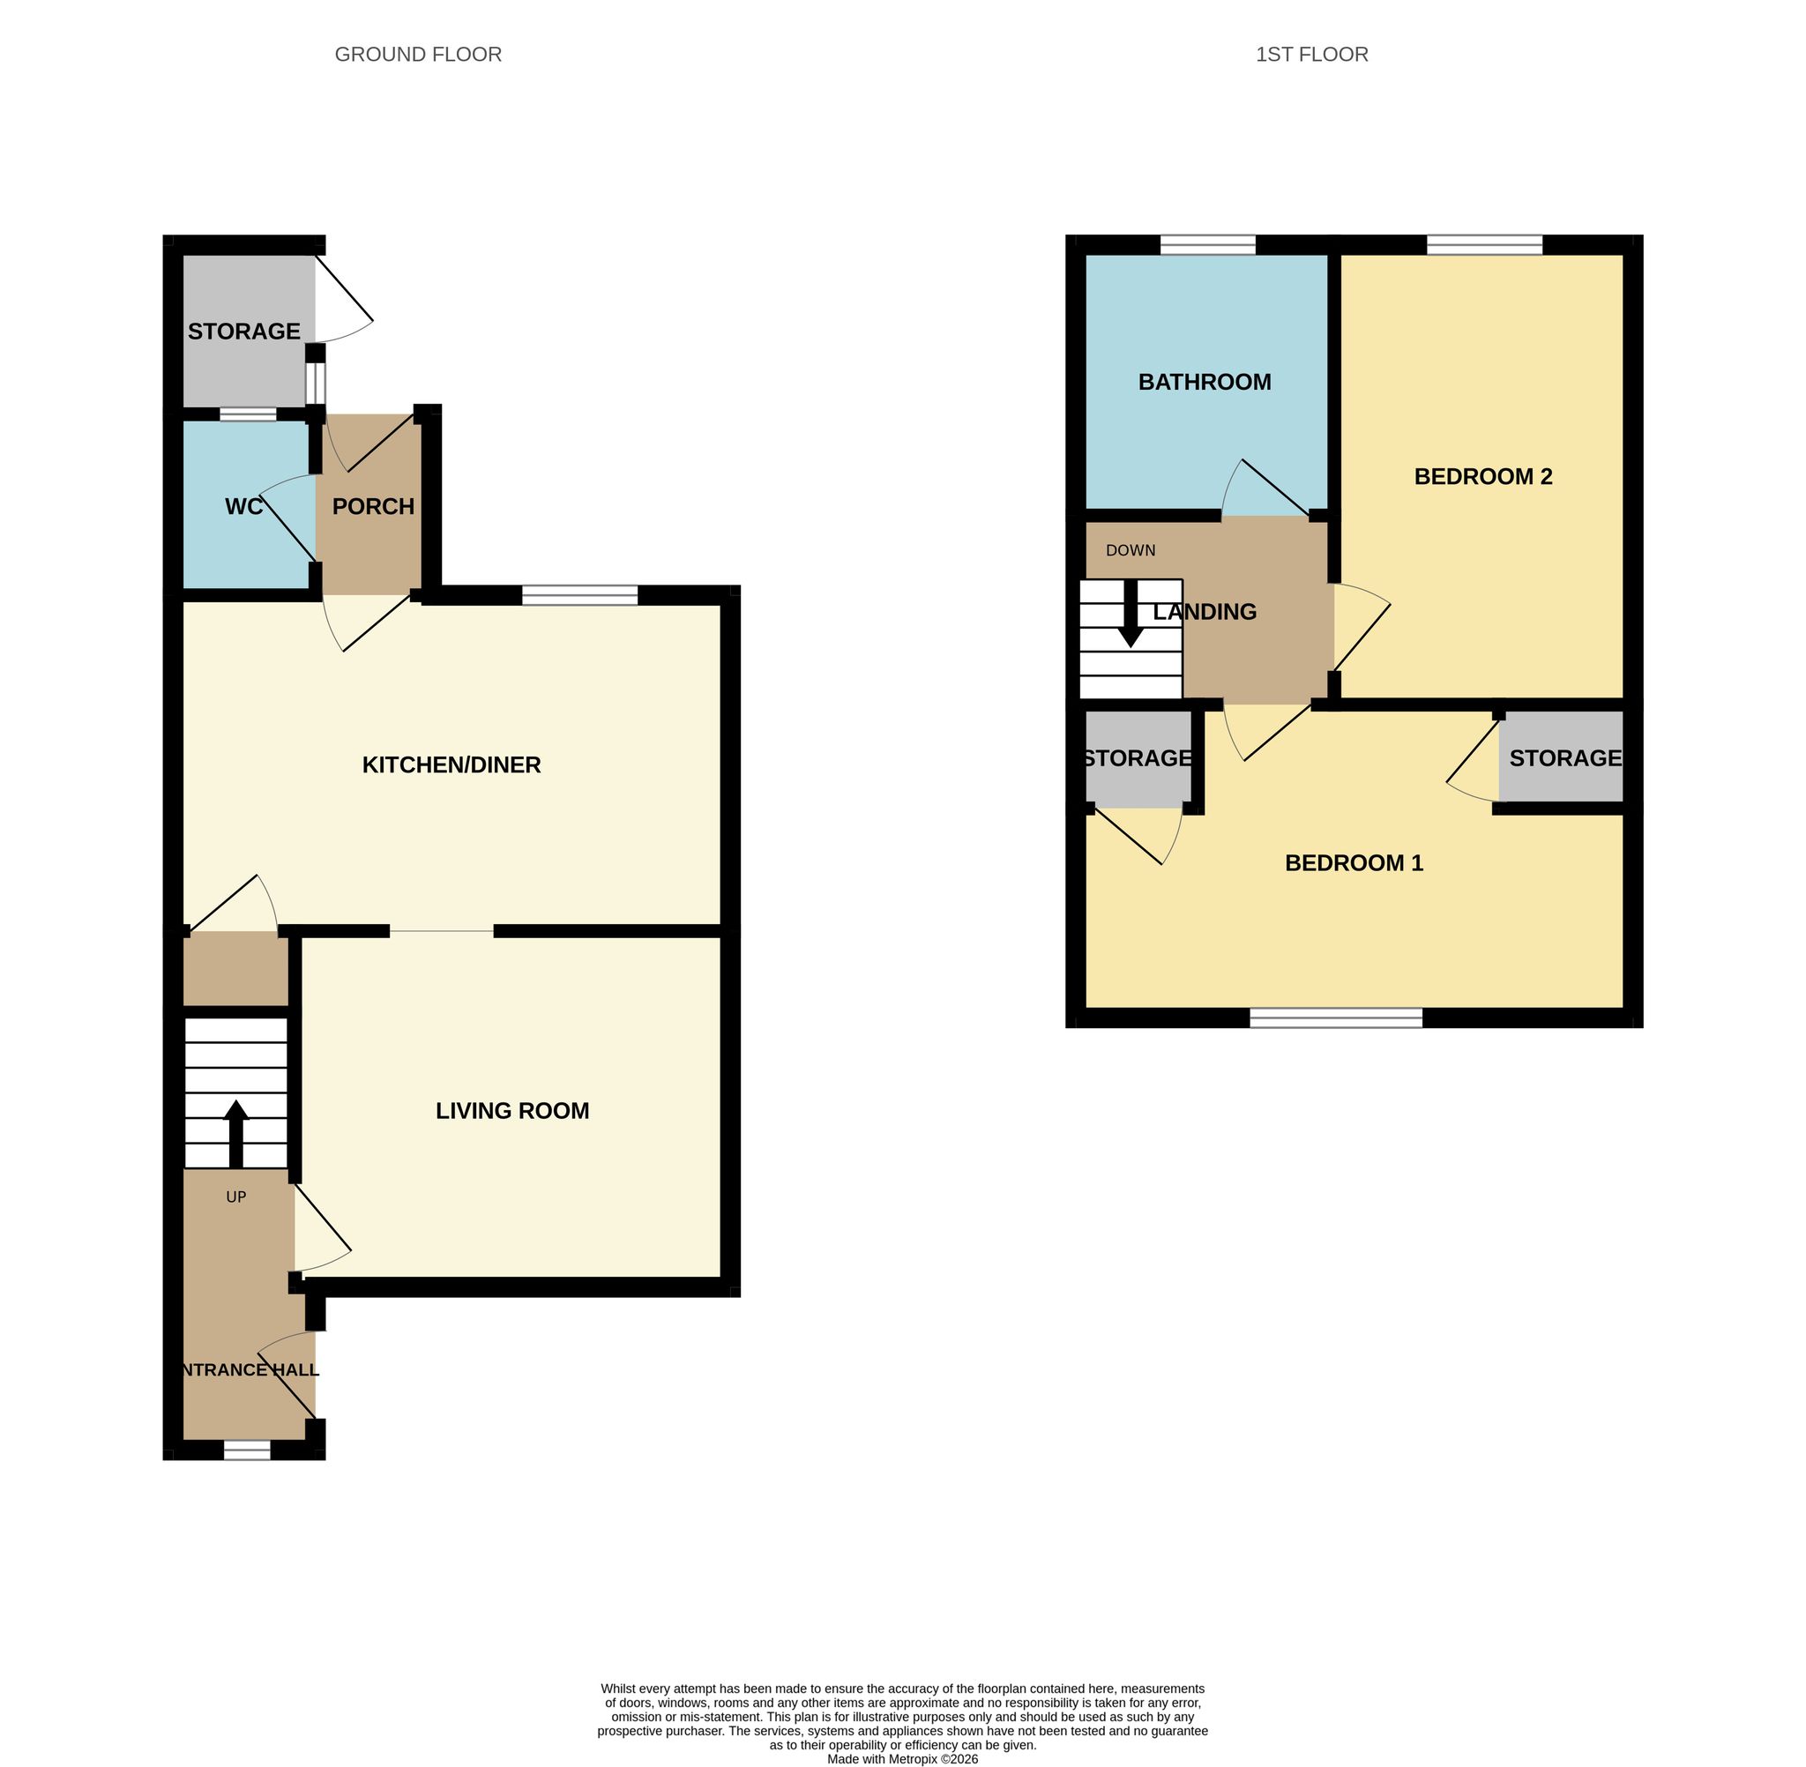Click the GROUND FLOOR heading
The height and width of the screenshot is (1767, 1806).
click(418, 55)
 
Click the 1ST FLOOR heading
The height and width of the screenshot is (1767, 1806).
click(1311, 55)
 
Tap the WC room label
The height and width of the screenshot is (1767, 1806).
click(244, 507)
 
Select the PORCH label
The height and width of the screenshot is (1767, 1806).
click(373, 507)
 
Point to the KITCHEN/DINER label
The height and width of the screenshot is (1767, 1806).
click(451, 764)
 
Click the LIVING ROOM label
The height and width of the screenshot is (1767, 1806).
click(512, 1111)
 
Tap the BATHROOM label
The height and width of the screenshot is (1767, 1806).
click(1205, 383)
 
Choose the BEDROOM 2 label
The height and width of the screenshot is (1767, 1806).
click(1483, 477)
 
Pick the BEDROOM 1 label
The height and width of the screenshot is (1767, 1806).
click(1354, 863)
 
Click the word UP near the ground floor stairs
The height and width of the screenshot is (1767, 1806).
click(235, 1197)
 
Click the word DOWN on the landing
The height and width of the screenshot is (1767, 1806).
click(1131, 550)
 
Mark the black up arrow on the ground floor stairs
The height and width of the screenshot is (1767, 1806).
click(235, 1134)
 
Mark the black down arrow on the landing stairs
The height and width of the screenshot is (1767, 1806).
click(1131, 614)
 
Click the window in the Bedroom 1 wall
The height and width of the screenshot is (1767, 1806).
click(1335, 1018)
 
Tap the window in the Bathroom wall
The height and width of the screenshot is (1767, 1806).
click(1207, 245)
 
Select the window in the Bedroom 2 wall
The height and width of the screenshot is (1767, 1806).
click(1485, 245)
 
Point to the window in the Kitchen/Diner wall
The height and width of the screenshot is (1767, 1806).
click(580, 595)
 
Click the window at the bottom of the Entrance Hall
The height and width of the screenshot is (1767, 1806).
click(247, 1450)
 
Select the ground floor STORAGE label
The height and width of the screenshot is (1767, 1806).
click(244, 332)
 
